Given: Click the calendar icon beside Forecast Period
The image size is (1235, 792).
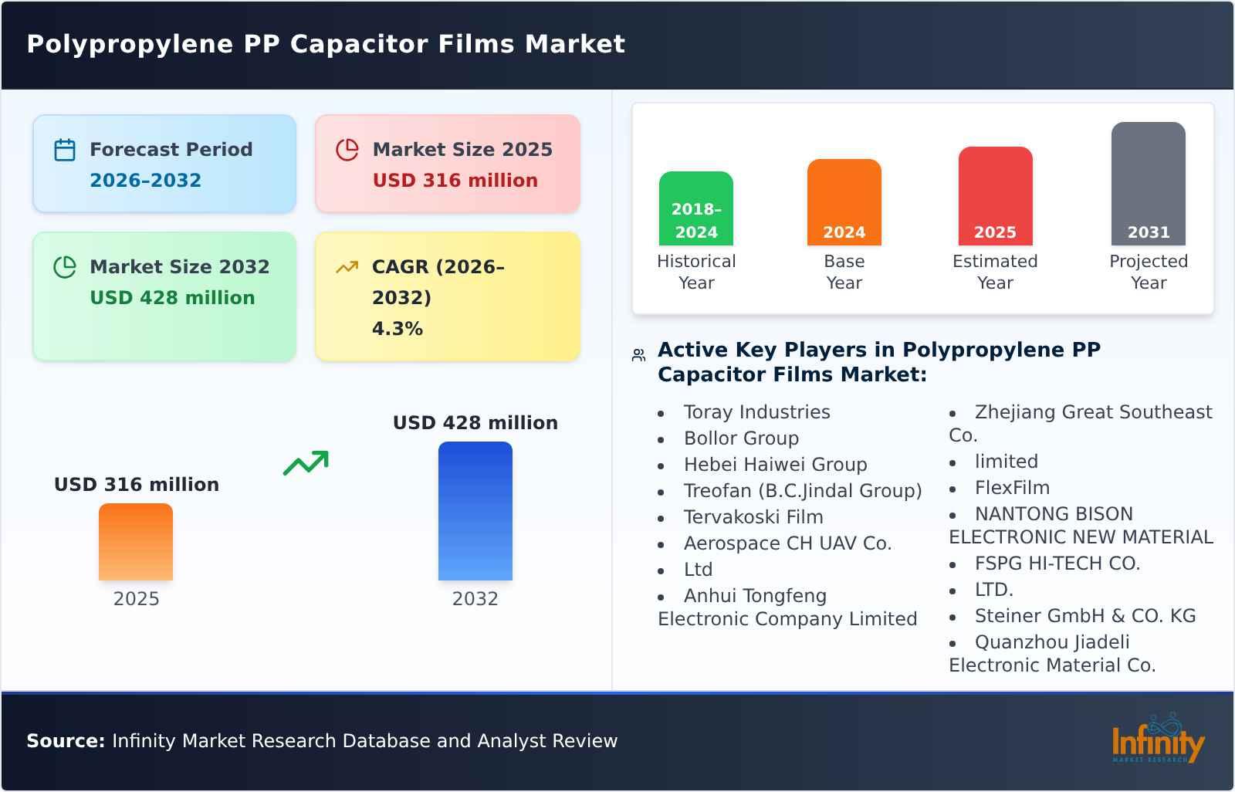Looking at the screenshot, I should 65,150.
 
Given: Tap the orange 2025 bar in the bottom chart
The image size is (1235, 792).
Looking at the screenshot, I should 136,541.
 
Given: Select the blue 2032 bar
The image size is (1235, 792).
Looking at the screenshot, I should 475,510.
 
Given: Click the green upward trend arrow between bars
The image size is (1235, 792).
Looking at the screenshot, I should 306,463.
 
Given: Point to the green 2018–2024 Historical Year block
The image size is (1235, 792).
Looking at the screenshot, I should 695,208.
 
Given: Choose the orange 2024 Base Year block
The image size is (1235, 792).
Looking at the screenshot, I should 844,202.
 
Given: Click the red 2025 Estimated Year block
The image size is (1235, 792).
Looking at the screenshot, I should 995,196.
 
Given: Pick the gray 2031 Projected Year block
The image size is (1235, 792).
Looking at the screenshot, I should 1148,184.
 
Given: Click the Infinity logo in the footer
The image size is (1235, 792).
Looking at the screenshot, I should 1158,741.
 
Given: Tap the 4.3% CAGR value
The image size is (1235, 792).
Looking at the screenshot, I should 398,329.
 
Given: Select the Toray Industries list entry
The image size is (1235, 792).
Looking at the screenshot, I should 756,412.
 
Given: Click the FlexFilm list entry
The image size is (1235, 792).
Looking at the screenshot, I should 1012,488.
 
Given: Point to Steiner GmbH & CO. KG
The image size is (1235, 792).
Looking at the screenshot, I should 1084,616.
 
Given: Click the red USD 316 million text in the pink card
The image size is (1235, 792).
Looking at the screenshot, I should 455,181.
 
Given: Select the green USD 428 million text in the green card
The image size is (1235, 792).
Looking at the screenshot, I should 172,298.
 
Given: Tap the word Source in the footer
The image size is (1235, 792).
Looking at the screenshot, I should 65,741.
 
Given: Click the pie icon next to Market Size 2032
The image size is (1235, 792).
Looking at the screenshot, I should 65,267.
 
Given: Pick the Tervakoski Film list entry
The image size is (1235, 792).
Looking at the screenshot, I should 753,517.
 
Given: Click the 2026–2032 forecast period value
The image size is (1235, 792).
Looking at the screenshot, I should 145,181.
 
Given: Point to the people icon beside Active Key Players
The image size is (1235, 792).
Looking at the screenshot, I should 638,355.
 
